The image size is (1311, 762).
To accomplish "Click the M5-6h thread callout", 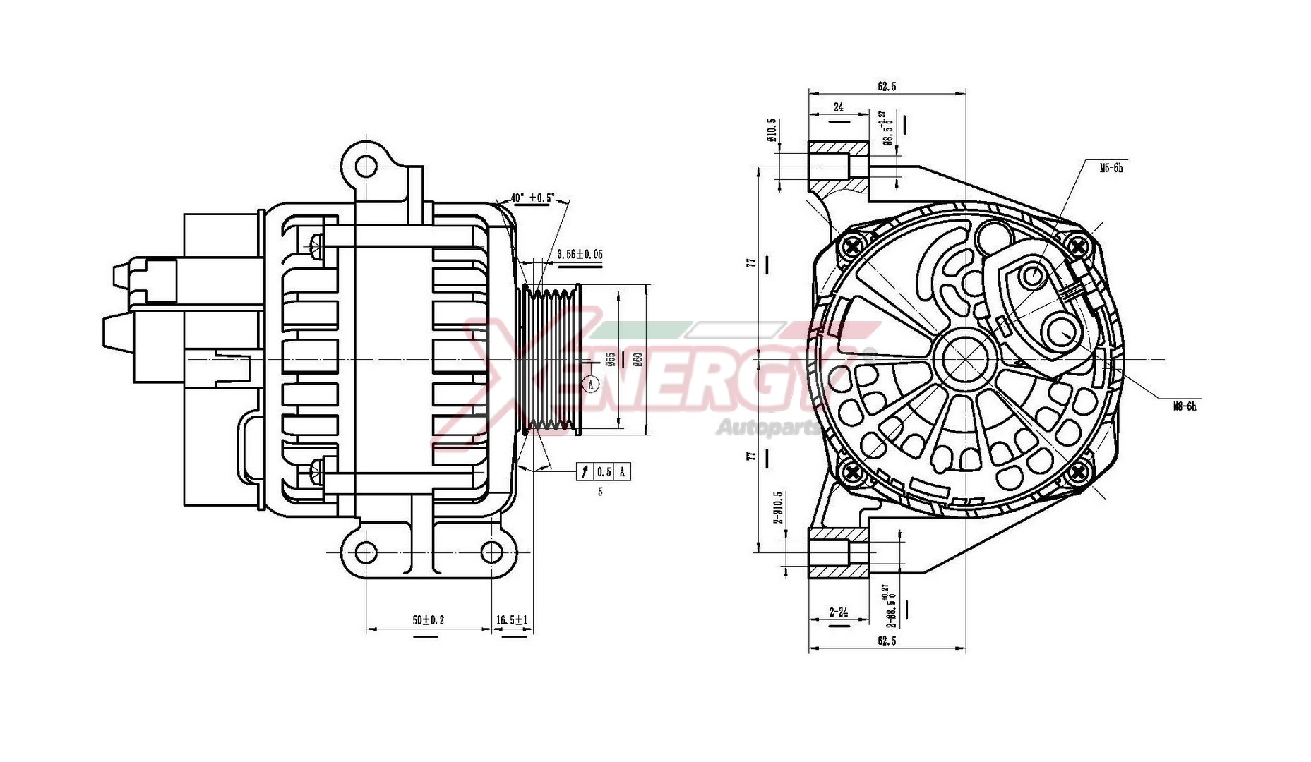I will [x=1111, y=168].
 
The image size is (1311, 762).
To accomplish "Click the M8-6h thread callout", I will [x=1184, y=406].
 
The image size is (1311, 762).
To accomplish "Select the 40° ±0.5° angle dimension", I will [x=533, y=198].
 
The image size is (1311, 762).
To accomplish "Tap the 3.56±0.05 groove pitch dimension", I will [x=580, y=254].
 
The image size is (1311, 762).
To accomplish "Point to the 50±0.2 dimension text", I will [x=429, y=620].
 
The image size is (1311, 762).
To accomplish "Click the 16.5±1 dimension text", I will [x=512, y=620].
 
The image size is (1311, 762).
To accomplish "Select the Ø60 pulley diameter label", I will [x=637, y=359].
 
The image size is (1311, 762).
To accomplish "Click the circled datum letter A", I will [x=591, y=384].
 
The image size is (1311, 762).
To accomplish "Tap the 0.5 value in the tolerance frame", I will [x=604, y=472].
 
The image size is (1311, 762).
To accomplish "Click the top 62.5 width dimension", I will [x=887, y=86].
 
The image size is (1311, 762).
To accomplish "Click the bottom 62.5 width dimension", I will [x=887, y=641].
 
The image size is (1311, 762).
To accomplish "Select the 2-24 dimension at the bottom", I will [x=839, y=612].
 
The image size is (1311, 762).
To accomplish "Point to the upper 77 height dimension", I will [x=752, y=262].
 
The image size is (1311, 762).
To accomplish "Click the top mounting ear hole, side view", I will [x=366, y=167].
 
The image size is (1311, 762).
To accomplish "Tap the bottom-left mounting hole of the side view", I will [x=366, y=552].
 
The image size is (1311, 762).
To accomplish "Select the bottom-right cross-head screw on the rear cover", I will [x=1077, y=473].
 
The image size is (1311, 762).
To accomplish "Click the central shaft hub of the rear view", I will [x=965, y=358].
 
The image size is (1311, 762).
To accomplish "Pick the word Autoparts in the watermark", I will [x=767, y=427].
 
